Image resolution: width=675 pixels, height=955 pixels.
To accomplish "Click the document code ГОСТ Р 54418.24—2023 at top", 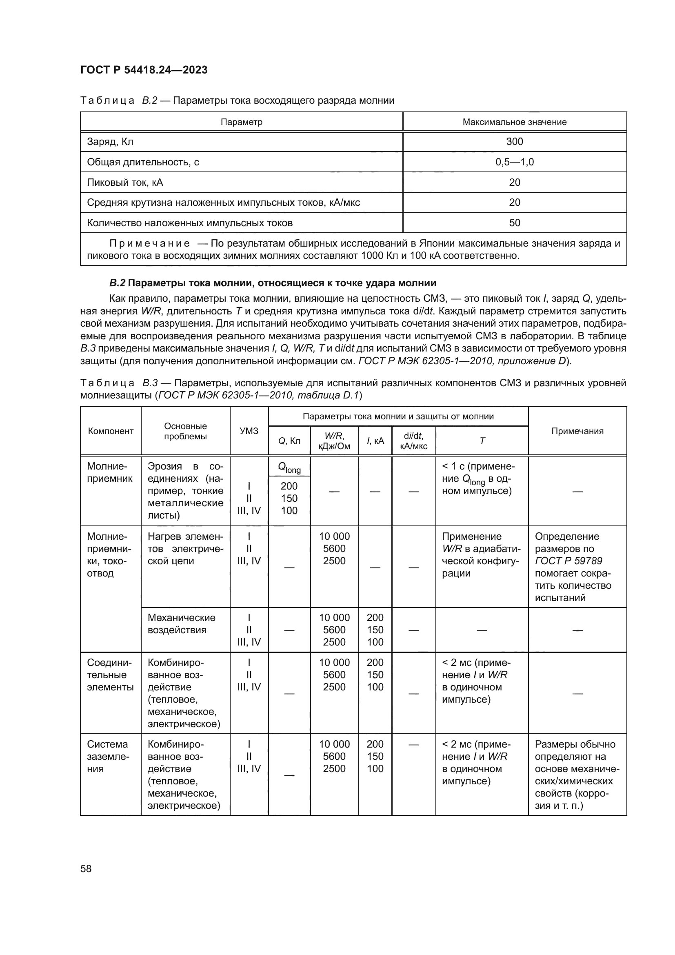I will coord(144,70).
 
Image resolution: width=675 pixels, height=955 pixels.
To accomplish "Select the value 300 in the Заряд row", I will coord(514,142).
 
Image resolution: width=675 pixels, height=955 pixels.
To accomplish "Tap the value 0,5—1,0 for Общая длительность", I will coord(514,162).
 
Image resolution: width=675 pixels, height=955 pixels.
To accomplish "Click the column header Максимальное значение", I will coord(514,122).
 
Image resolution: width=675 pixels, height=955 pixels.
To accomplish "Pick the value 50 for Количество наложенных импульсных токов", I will coord(514,223).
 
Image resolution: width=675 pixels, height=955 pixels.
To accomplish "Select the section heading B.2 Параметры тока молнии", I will coord(273,283).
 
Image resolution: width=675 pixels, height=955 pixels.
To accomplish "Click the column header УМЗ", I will coord(249,431).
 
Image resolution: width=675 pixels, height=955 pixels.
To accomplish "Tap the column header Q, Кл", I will coord(289,441).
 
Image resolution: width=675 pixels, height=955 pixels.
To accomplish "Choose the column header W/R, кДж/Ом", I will coord(334,441).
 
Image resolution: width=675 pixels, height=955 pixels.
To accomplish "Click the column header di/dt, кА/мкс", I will coord(413,441).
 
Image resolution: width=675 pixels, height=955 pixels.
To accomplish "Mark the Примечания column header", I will coord(577,431).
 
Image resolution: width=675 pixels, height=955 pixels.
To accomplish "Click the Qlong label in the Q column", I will coord(289,468).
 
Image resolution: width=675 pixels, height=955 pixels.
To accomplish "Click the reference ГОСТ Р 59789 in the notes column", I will coord(568,561).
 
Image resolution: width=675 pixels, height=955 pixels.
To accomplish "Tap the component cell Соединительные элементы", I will coord(110,675).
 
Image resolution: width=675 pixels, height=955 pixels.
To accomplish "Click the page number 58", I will coord(86,868).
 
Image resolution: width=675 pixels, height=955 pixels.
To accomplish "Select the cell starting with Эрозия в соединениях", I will coord(185,491).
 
